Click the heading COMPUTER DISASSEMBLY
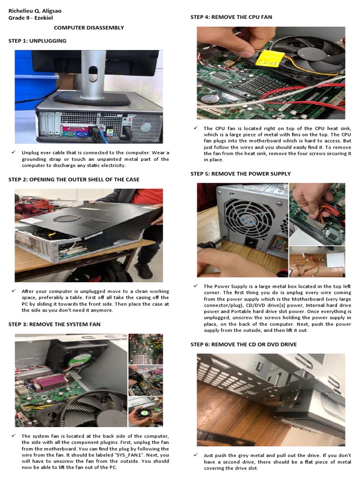89,28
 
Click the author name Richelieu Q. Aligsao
35,11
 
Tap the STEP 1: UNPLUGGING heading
37,41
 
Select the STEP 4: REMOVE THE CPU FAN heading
231,17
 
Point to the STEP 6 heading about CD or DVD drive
243,345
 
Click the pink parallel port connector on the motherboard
52,382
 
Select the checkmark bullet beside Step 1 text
14,152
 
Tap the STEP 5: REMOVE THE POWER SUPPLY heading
240,174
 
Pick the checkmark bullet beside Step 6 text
195,455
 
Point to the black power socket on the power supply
250,242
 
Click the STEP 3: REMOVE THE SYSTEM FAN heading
54,324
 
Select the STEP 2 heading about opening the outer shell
74,180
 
